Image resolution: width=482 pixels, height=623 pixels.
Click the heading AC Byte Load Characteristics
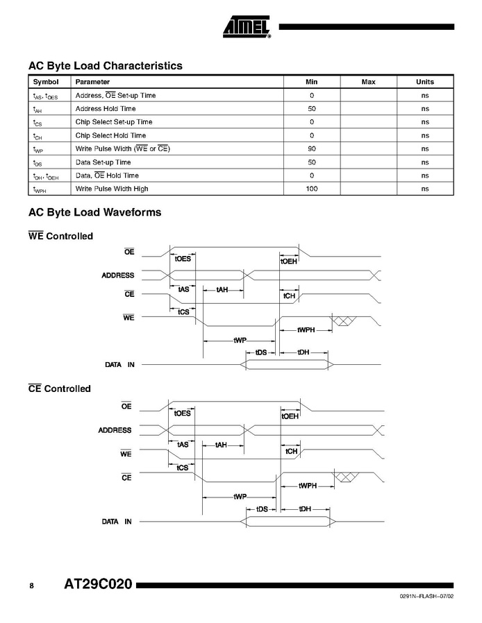click(105, 66)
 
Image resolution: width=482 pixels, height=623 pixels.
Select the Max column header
click(368, 82)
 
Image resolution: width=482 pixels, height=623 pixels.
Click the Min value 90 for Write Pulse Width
click(312, 149)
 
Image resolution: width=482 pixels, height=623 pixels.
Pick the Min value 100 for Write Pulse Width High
click(312, 189)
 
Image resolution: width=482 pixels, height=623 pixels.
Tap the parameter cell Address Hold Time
click(105, 109)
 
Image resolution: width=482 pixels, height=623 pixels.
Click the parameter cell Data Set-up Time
click(103, 162)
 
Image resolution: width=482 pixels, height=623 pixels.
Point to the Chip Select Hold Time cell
click(110, 136)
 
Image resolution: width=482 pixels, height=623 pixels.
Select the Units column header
click(424, 82)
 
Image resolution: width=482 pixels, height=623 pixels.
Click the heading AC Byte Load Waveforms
click(94, 212)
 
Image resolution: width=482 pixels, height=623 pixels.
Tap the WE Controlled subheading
click(60, 237)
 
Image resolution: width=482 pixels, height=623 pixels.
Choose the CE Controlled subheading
click(60, 389)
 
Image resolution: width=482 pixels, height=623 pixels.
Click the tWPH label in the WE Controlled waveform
click(306, 330)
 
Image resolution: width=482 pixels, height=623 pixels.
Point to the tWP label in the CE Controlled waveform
click(240, 496)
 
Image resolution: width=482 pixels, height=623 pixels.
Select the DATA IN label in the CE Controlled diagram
click(117, 521)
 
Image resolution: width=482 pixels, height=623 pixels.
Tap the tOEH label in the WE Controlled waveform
click(290, 261)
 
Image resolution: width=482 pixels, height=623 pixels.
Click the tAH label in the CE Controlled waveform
click(222, 444)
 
